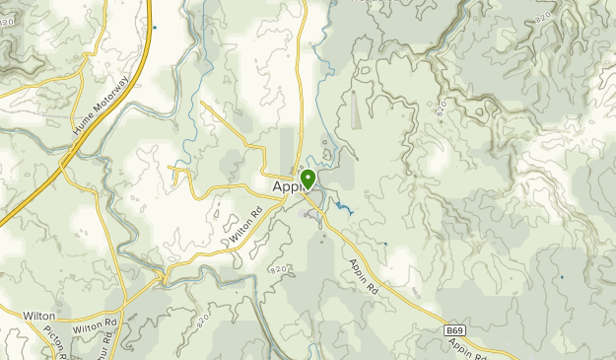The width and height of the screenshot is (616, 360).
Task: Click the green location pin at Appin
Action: click(x=308, y=180)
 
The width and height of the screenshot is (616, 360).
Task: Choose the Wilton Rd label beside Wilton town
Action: click(x=95, y=324)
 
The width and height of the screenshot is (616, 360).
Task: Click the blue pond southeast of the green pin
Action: click(x=344, y=208)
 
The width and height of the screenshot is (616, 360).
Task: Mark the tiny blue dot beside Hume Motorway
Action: click(x=154, y=28)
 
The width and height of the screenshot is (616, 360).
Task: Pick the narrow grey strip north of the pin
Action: click(x=300, y=148)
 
